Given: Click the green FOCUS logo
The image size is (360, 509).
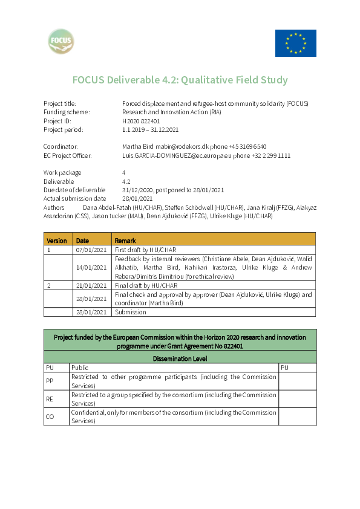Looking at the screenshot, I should pyautogui.click(x=62, y=42).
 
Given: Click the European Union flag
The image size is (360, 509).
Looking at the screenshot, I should pyautogui.click(x=295, y=43).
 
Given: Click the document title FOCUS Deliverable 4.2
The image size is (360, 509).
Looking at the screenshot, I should pyautogui.click(x=180, y=80).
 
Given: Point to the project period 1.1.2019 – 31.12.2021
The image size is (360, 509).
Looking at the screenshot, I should pyautogui.click(x=150, y=129).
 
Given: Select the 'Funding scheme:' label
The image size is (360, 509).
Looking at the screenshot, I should pyautogui.click(x=67, y=112).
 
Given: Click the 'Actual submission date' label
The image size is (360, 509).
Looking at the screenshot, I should pyautogui.click(x=74, y=198).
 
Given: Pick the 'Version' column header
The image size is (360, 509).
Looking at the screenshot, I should pyautogui.click(x=57, y=240).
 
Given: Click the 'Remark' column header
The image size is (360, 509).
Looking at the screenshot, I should pyautogui.click(x=125, y=240).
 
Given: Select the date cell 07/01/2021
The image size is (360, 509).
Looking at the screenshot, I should pyautogui.click(x=92, y=249).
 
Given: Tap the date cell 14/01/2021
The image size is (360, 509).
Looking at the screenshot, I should pyautogui.click(x=92, y=267).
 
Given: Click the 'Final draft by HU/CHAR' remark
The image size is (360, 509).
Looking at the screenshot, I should pyautogui.click(x=146, y=285).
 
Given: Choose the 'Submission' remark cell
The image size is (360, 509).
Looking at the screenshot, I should pyautogui.click(x=131, y=312).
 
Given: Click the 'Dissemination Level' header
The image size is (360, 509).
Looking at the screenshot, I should pyautogui.click(x=180, y=358).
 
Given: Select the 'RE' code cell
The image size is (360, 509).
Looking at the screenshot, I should pyautogui.click(x=50, y=399).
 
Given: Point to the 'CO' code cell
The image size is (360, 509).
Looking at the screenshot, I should pyautogui.click(x=50, y=417).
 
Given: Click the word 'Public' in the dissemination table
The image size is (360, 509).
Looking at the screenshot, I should pyautogui.click(x=80, y=368).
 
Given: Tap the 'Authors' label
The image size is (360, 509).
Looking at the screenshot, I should pyautogui.click(x=54, y=207).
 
